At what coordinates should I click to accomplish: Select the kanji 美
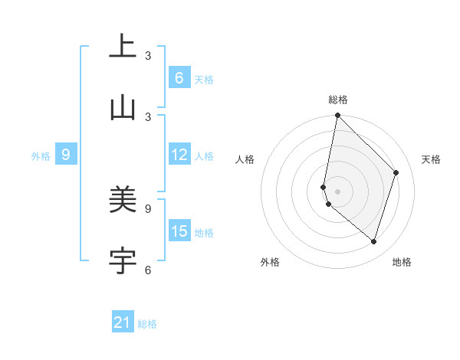[123, 201]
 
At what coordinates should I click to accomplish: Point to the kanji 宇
[123, 261]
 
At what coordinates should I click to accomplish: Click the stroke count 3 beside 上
[148, 56]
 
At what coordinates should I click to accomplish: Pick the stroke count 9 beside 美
[148, 208]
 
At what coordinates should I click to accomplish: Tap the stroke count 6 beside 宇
[148, 270]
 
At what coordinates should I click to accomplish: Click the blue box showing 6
[179, 78]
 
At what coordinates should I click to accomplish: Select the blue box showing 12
[179, 155]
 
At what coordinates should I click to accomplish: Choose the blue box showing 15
[179, 231]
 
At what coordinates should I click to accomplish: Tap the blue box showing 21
[123, 322]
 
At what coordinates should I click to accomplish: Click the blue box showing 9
[66, 155]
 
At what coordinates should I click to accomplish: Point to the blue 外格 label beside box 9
[41, 155]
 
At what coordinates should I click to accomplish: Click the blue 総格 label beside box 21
[147, 324]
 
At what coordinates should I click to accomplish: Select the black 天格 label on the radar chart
[431, 159]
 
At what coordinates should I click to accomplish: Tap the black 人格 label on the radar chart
[245, 159]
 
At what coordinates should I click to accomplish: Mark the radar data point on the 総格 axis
[337, 116]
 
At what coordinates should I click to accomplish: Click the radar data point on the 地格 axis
[374, 242]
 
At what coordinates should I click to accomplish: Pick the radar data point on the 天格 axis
[396, 172]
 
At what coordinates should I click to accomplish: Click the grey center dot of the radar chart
[337, 191]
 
